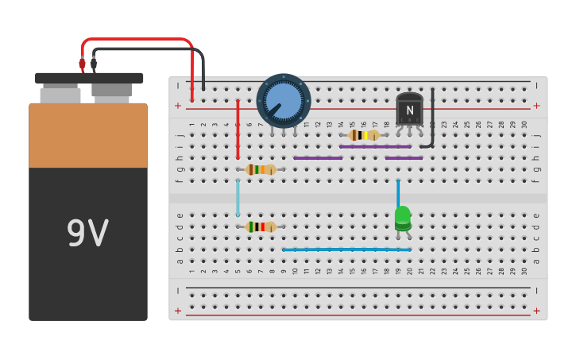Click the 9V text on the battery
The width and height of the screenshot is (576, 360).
coord(87,234)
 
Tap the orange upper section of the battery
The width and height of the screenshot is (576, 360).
coord(88,135)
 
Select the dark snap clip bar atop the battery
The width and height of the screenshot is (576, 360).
coord(89,78)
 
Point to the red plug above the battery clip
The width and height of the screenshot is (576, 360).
coord(82,63)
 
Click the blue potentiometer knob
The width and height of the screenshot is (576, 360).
coord(283,101)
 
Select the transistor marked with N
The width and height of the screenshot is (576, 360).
coord(409,110)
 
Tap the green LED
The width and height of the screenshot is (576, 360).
coord(403,218)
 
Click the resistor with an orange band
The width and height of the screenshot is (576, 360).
coord(261,169)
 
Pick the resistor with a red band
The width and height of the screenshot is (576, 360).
coord(261,226)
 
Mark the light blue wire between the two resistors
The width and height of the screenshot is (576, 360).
coord(238,198)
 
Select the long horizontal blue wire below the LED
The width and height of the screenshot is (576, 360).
coord(346,250)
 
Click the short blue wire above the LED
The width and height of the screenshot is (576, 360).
coord(398,192)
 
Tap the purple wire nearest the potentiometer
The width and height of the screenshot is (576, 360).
coord(318,158)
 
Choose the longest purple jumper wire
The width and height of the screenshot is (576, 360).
coord(375,146)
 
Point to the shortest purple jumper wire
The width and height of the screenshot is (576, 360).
coord(404,158)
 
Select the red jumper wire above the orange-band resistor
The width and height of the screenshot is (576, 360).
coord(238,129)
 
